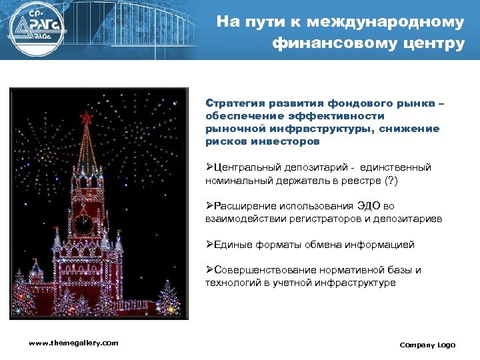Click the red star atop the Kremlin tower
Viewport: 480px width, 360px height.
(x=85, y=118)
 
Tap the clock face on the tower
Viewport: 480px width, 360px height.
(x=85, y=224)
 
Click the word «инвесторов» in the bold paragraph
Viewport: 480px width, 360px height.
(x=291, y=141)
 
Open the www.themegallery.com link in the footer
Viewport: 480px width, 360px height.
(x=73, y=343)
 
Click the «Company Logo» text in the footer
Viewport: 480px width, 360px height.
(x=427, y=345)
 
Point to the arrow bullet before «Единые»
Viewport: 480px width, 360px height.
(x=209, y=245)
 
